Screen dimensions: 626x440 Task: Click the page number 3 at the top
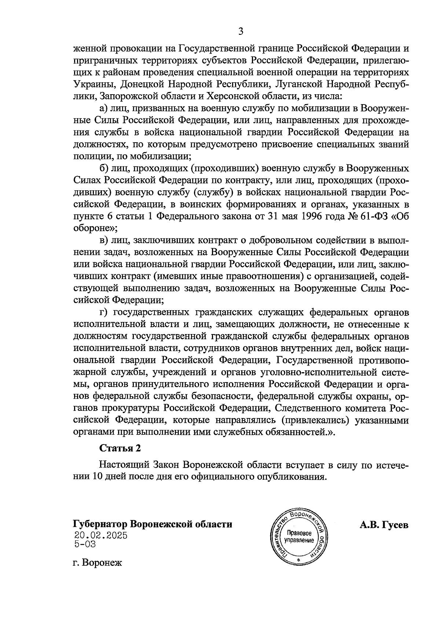point(241,32)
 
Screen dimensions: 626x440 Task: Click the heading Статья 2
point(120,448)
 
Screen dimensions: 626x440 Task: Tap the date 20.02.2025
point(100,535)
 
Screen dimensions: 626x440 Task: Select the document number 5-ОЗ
point(85,544)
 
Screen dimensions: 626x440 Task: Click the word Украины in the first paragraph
point(91,85)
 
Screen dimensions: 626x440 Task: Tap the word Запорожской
point(127,96)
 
